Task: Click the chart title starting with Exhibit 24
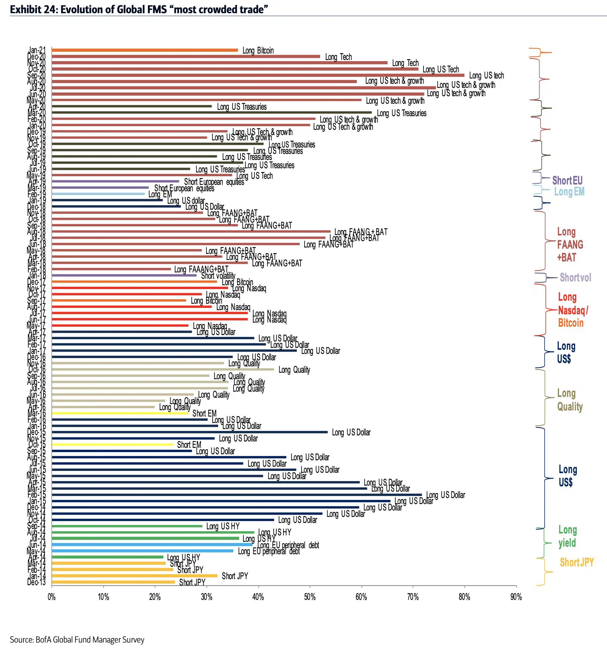(139, 9)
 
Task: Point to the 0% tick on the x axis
(52, 597)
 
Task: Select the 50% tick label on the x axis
(310, 597)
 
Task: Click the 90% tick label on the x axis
(516, 597)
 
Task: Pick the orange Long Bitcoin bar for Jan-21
(145, 50)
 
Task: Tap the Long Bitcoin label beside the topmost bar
(258, 51)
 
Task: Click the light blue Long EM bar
(98, 194)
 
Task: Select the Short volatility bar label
(218, 276)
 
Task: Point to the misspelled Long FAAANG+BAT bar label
(201, 269)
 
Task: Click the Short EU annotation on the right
(567, 180)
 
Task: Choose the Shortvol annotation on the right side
(575, 278)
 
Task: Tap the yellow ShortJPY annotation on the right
(576, 563)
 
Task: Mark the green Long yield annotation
(567, 537)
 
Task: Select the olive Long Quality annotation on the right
(570, 400)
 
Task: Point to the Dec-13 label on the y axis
(37, 582)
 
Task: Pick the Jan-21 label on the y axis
(37, 50)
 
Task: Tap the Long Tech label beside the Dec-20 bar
(339, 57)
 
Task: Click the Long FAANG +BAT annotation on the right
(570, 244)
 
